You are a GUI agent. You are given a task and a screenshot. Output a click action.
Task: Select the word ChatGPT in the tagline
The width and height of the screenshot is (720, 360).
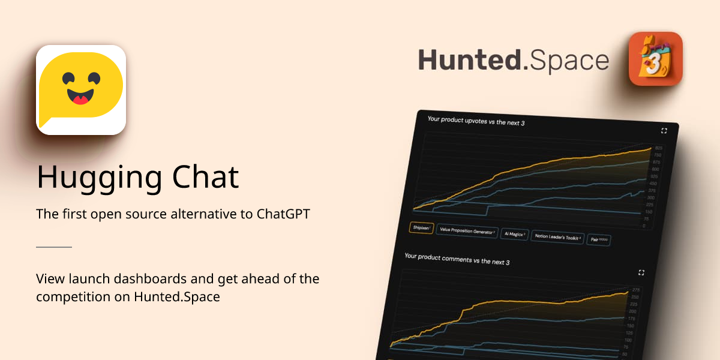283,214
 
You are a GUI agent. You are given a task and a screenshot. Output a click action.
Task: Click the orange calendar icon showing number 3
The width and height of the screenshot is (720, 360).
655,59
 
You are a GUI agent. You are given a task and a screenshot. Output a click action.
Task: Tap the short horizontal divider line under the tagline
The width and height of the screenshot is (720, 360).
54,247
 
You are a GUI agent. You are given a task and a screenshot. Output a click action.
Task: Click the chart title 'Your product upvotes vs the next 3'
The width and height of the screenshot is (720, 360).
476,122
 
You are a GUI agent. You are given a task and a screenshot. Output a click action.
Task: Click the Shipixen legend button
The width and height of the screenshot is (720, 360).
422,228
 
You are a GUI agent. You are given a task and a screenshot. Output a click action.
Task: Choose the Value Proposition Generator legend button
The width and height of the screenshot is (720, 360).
467,231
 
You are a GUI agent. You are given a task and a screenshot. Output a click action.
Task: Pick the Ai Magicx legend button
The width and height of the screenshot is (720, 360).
513,234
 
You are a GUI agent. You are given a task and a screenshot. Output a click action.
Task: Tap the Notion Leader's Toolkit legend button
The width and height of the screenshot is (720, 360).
557,237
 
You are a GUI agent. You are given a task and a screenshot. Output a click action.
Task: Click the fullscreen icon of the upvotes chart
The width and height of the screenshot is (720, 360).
664,131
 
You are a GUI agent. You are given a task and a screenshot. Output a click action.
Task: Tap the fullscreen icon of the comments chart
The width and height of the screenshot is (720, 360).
641,272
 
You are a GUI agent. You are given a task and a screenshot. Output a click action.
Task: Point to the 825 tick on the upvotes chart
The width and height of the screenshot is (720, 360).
658,148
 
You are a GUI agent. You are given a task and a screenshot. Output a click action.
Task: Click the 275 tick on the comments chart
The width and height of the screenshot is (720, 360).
635,290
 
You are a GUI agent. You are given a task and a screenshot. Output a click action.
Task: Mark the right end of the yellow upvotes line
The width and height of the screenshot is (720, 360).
651,148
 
